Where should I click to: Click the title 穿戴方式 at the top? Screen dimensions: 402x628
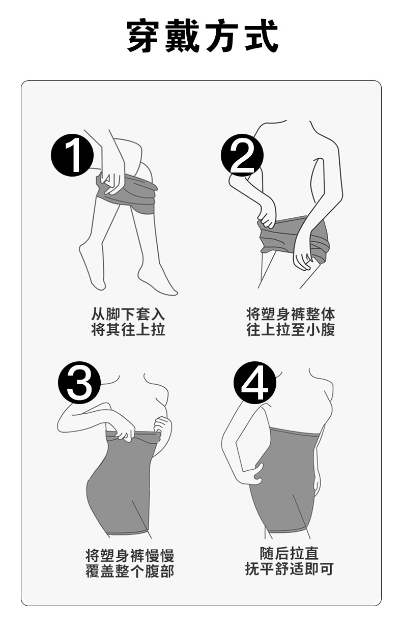[203, 36]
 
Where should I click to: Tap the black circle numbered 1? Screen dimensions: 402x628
[72, 155]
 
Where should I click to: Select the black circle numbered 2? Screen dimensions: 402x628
[242, 155]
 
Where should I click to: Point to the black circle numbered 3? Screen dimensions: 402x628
[79, 383]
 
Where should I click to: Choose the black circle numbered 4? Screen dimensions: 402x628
[255, 383]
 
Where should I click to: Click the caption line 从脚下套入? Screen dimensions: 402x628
[128, 314]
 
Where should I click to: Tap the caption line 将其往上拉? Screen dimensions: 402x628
[128, 329]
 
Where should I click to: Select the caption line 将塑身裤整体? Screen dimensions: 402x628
[291, 314]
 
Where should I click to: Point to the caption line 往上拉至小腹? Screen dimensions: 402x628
[291, 329]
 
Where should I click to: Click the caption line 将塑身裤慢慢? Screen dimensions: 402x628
[130, 555]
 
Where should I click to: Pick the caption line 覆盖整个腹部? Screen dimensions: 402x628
[130, 571]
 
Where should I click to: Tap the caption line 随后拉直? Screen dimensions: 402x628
[289, 553]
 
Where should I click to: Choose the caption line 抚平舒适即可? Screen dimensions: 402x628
[289, 568]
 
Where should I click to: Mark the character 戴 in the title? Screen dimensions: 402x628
[183, 36]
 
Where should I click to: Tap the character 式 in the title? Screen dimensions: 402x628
[262, 36]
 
